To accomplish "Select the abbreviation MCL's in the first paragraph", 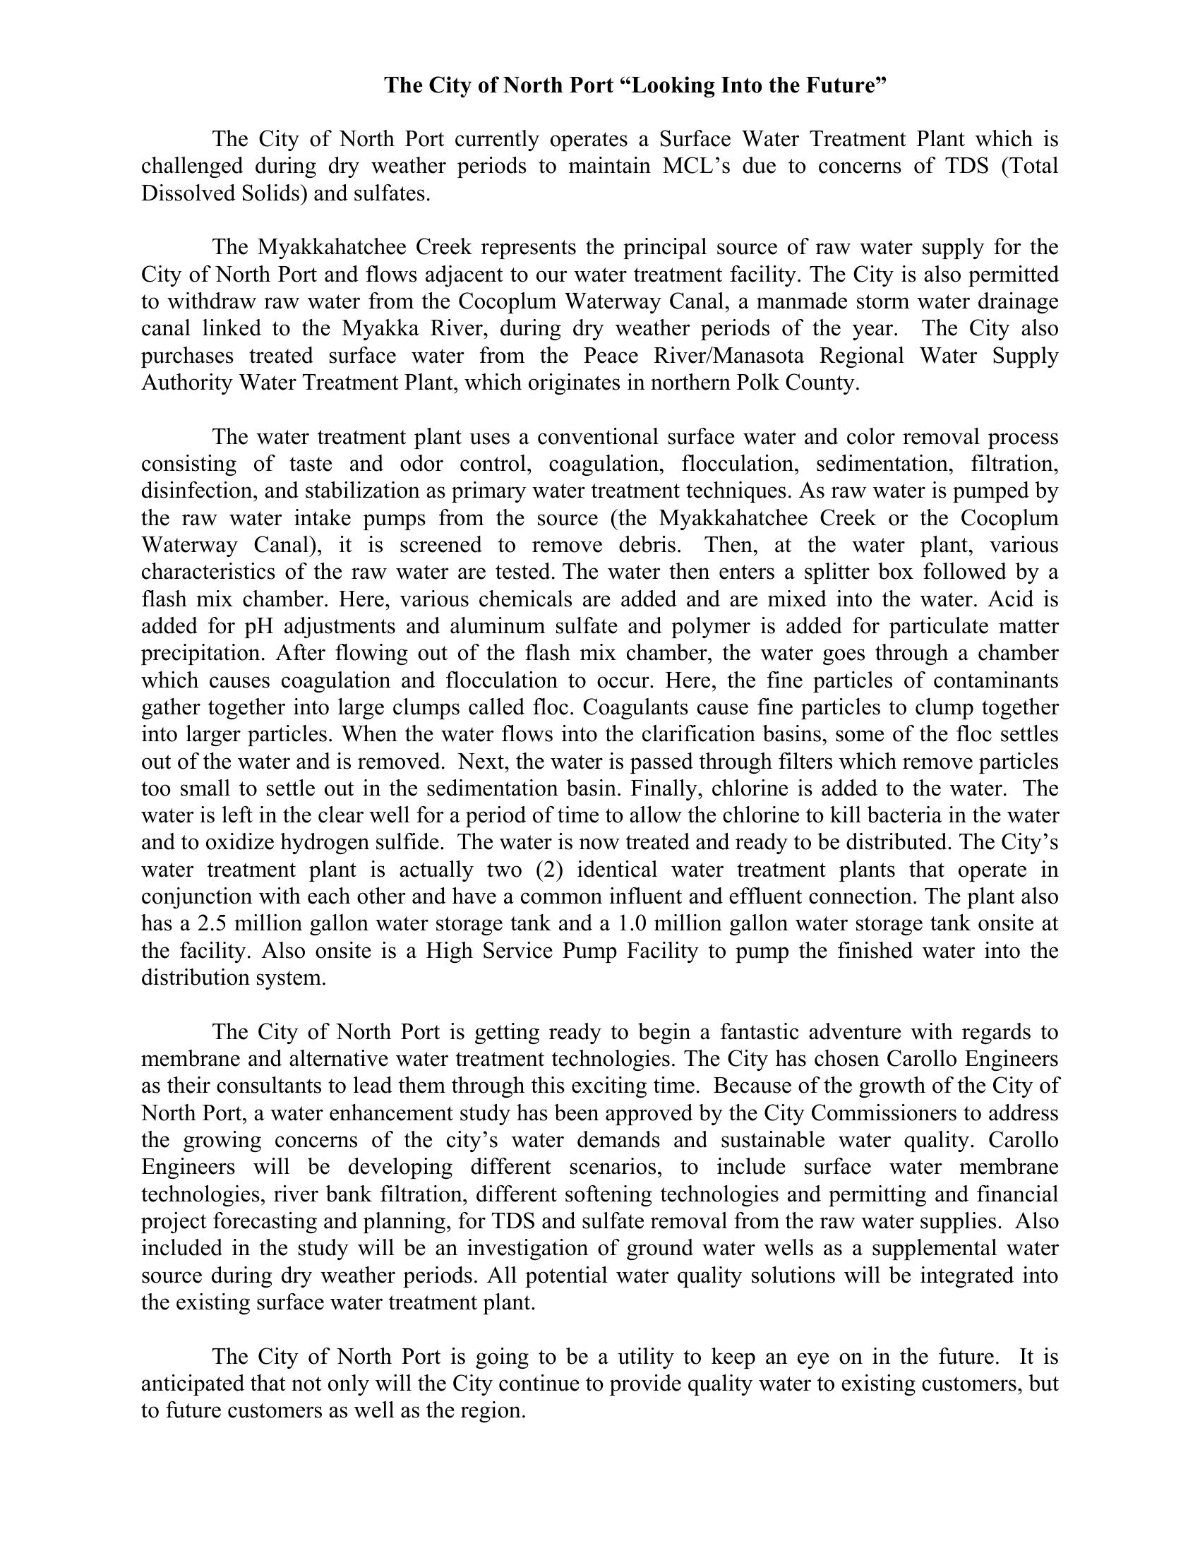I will click(696, 166).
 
